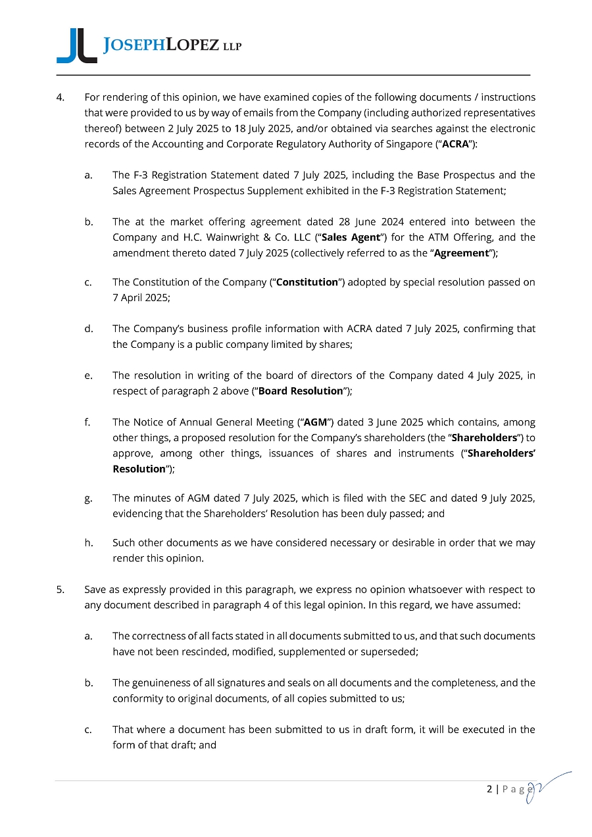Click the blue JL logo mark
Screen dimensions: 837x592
pos(76,46)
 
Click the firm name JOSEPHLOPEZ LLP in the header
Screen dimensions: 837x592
pos(173,45)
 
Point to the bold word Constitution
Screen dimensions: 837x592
pos(307,283)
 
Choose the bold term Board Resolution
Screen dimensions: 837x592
pos(301,391)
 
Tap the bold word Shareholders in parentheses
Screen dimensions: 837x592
pos(492,438)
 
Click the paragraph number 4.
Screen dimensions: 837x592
pos(60,98)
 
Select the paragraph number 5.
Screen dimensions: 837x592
pos(60,590)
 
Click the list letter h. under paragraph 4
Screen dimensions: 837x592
pos(88,543)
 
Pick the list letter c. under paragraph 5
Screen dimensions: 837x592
pos(88,730)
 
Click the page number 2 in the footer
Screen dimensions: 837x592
pos(489,789)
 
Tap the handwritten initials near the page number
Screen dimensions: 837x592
pos(543,787)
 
